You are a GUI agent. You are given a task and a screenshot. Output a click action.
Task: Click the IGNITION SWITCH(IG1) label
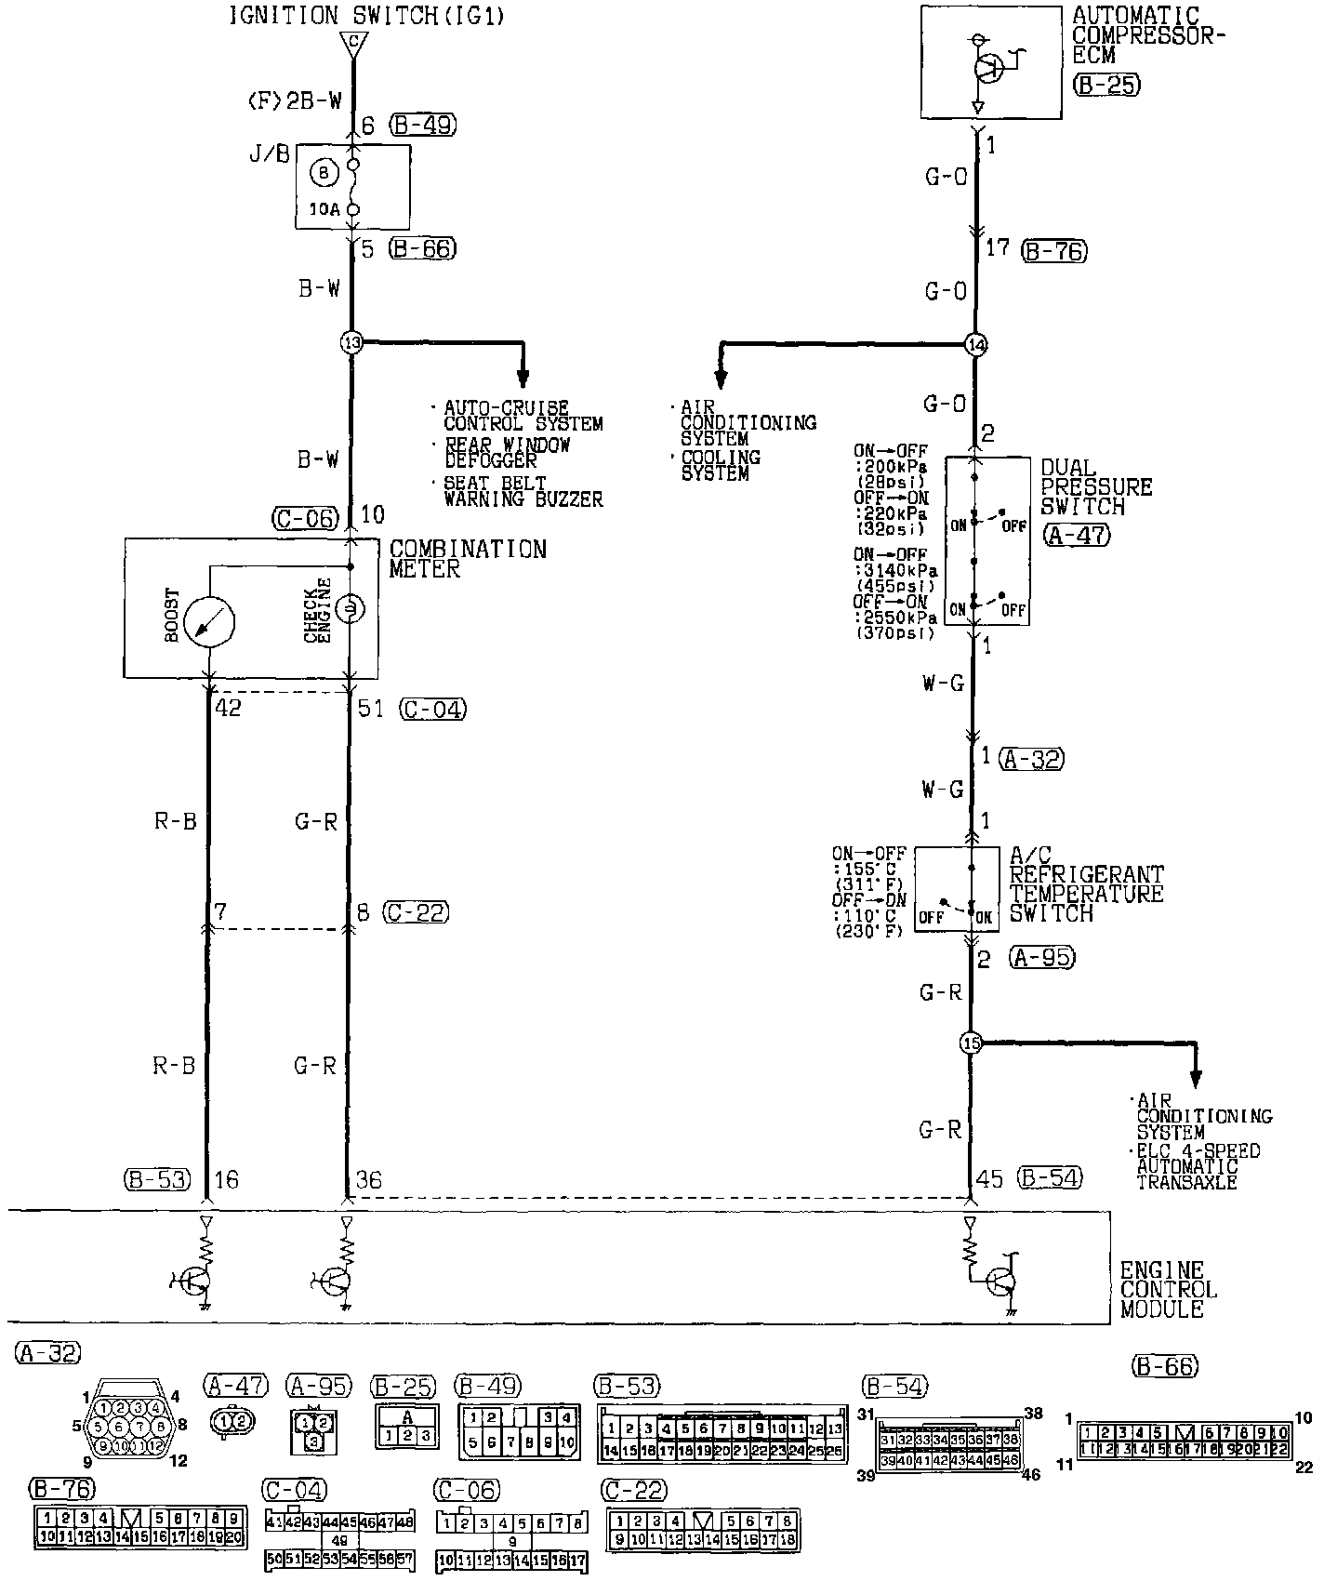[x=367, y=16]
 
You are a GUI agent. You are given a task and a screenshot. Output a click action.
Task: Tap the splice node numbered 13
[x=351, y=342]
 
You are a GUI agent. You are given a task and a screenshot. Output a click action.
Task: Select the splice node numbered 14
[x=974, y=345]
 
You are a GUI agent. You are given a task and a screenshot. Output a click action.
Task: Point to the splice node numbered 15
[x=971, y=1043]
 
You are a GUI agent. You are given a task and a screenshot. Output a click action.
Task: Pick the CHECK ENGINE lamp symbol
[x=351, y=609]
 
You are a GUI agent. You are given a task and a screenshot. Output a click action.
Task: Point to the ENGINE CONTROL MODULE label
[x=1168, y=1289]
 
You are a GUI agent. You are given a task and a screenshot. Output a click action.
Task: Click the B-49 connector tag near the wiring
[x=424, y=125]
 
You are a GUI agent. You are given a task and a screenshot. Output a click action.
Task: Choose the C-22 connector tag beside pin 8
[x=417, y=912]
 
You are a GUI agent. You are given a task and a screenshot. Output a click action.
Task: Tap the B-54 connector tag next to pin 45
[x=1050, y=1177]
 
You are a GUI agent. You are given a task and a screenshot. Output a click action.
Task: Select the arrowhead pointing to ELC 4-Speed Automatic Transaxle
[x=1195, y=1079]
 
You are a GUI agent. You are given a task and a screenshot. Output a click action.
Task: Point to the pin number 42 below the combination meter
[x=229, y=709]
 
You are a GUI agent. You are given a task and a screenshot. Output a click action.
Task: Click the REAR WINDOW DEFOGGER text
[x=507, y=453]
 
